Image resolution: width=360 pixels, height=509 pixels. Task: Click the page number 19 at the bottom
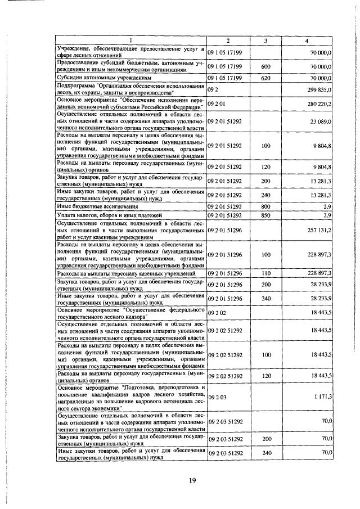tap(192, 480)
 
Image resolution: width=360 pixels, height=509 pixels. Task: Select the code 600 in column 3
tap(266, 66)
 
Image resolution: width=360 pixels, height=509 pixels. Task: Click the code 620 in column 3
tap(266, 78)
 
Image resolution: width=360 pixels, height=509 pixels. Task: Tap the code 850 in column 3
tap(266, 231)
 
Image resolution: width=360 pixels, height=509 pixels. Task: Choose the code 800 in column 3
tap(266, 223)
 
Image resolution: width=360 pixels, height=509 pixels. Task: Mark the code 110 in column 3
tap(266, 273)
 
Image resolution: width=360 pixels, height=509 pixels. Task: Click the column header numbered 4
tap(306, 41)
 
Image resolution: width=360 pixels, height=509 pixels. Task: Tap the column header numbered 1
tap(130, 41)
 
